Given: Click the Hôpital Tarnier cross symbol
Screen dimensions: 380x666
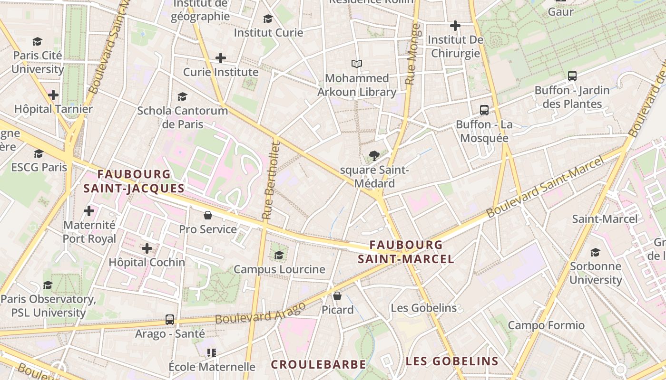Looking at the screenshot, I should coord(53,95).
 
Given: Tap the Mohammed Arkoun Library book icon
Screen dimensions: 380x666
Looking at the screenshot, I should coord(356,64).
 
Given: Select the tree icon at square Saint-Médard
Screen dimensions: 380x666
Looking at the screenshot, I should coord(374,155).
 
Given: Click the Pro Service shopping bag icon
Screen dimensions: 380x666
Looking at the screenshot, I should coord(208,215).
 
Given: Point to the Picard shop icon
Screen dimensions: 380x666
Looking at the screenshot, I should coord(337,296).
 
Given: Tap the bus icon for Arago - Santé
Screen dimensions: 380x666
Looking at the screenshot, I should coord(170,319).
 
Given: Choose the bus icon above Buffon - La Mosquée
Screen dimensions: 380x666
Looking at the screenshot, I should coord(484,110).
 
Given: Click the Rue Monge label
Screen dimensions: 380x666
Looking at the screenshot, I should coord(412,55).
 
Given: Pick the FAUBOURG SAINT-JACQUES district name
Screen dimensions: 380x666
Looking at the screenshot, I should coord(134,181).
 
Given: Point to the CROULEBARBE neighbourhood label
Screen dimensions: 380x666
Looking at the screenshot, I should coord(318,364).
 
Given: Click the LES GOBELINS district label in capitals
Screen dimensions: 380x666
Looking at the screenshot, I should coord(451,361).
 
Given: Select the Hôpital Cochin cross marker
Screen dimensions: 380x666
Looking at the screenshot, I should coord(147,248).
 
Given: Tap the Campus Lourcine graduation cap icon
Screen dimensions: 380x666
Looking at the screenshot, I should coord(279,255).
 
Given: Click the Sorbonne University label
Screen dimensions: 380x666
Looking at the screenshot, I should coord(595,273).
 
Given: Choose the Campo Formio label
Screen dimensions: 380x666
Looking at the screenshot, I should coord(546,325).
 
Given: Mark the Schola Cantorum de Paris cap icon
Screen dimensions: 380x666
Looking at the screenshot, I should coord(182,96).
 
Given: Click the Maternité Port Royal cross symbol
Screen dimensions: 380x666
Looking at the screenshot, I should coord(89,210).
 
